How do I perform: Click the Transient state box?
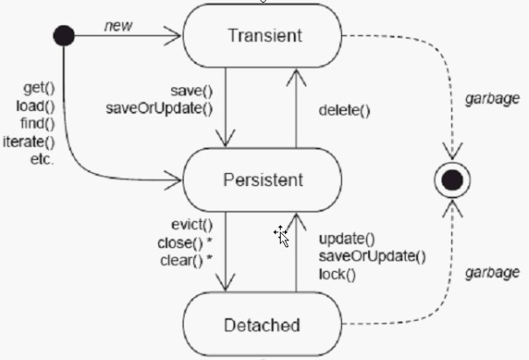tap(262, 36)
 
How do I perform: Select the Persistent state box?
tap(262, 180)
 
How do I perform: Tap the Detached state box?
tap(262, 324)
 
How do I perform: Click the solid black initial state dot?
tap(64, 36)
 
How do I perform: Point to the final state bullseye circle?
tap(452, 180)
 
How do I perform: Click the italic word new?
tap(118, 26)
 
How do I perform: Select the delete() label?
tap(345, 111)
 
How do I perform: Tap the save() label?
tap(191, 91)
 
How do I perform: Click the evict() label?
tap(192, 225)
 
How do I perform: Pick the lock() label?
tap(338, 274)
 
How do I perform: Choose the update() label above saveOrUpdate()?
tap(347, 239)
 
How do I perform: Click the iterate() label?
tap(29, 142)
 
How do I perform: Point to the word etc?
tap(42, 159)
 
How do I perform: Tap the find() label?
tap(38, 123)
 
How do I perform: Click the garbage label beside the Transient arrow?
tap(492, 99)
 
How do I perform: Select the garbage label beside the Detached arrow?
tap(492, 273)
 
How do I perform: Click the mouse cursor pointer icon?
tap(282, 236)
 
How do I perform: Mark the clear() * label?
tap(186, 260)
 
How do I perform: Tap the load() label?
tap(36, 107)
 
